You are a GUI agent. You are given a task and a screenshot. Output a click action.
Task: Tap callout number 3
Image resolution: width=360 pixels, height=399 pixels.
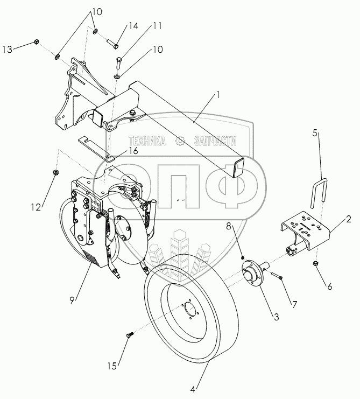(x=276, y=317)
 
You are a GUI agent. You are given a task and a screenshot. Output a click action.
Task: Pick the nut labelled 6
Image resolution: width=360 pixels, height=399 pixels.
(x=315, y=264)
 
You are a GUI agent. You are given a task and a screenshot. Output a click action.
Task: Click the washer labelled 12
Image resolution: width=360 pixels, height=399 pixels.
(x=55, y=172)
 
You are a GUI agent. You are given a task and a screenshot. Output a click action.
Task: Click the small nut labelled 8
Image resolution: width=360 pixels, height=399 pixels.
(x=244, y=257)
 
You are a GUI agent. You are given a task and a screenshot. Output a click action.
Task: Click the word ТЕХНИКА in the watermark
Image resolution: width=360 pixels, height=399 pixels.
(x=147, y=141)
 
